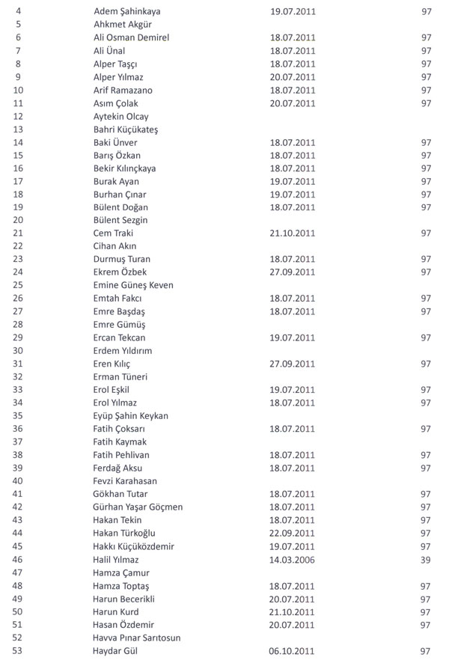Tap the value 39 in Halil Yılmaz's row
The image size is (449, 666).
tap(427, 560)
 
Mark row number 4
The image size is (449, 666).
tap(17, 12)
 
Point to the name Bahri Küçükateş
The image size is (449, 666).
tap(126, 129)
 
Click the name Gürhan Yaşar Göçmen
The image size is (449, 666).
tap(138, 507)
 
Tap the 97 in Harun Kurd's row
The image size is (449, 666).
tap(427, 611)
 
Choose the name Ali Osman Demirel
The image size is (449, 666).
tap(131, 38)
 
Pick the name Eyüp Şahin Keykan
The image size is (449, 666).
tap(131, 416)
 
